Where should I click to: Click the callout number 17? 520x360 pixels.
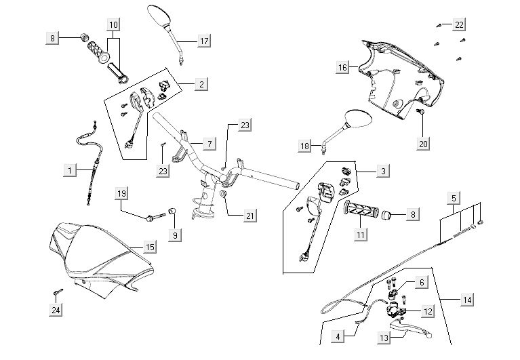tap(203, 41)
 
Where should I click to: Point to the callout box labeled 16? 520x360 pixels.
tap(343, 66)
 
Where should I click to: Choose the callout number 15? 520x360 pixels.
tap(151, 247)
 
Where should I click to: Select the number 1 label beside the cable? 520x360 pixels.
tap(70, 169)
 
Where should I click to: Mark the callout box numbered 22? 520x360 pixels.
tap(460, 24)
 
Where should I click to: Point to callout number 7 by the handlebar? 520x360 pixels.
tap(209, 144)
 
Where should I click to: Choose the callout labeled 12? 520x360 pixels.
tap(428, 311)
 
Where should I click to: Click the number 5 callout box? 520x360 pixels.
tap(454, 198)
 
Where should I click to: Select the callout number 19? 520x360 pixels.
tap(121, 193)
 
